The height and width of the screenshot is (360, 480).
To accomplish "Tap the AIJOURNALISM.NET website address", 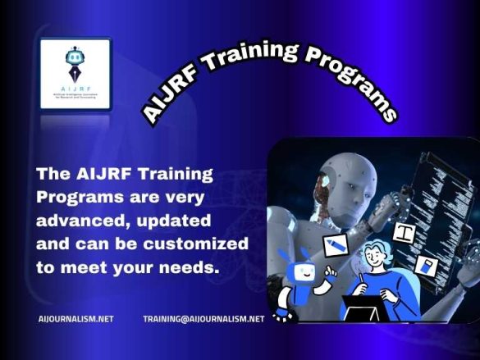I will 76,318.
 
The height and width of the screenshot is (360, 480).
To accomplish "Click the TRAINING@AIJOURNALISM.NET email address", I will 203,318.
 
